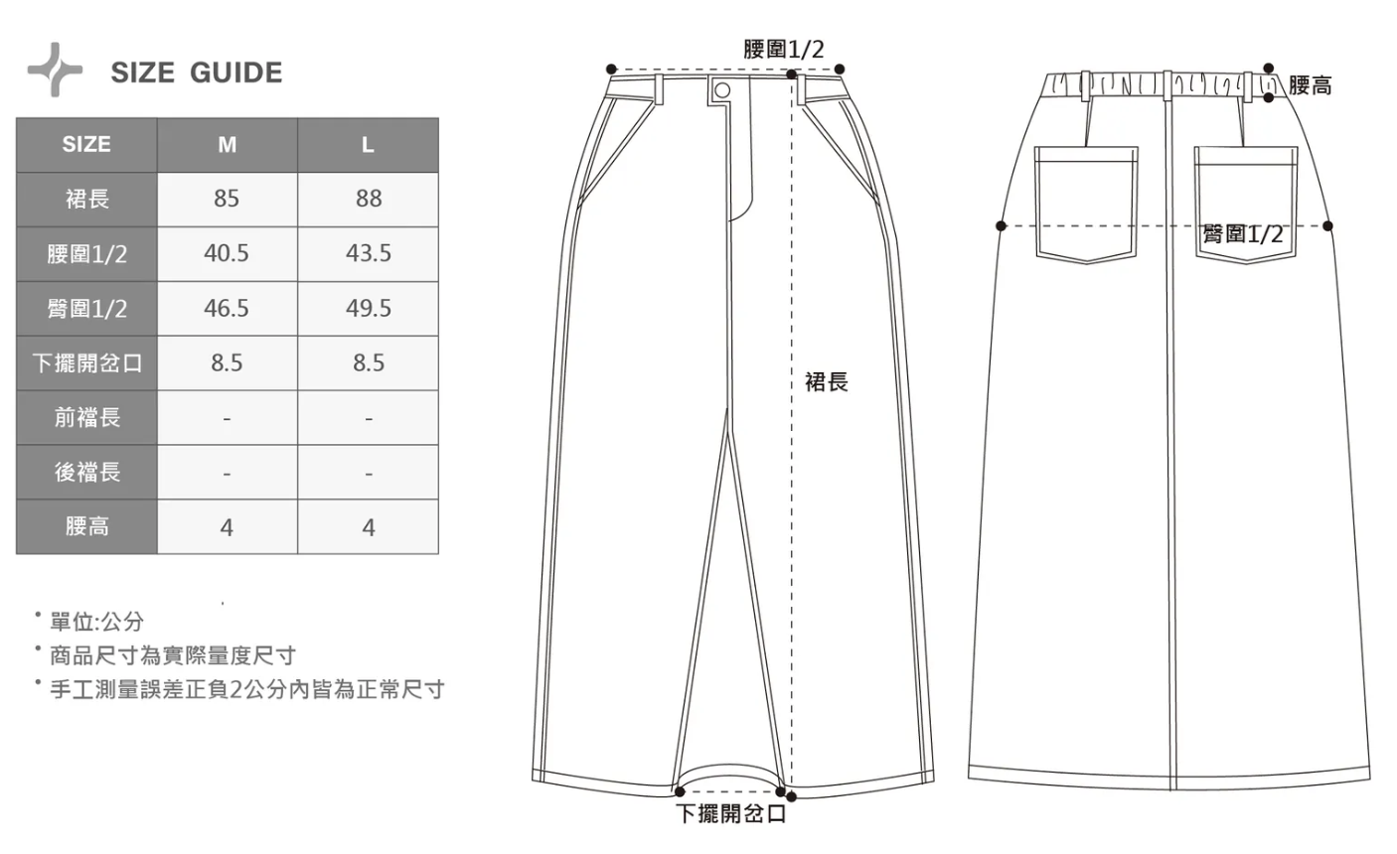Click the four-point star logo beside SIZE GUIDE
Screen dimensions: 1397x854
55,70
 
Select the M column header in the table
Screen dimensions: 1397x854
227,145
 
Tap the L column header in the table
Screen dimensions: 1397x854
368,145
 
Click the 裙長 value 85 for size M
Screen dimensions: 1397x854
227,199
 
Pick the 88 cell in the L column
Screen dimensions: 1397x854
369,199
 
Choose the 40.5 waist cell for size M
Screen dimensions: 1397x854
227,253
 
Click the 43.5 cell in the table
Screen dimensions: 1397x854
369,253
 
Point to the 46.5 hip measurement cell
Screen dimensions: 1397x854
227,308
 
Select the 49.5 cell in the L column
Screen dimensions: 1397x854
369,308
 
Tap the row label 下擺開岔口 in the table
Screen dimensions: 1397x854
87,362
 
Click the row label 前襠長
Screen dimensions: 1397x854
87,417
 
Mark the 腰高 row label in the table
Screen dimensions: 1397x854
87,526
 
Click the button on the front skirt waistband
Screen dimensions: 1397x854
722,90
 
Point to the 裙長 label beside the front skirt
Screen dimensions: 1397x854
827,381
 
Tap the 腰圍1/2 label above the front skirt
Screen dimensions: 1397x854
784,49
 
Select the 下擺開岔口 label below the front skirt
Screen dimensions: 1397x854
731,813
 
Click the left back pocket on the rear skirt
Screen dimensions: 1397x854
1086,205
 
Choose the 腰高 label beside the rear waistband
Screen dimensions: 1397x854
1311,85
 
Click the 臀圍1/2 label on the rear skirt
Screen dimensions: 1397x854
1243,233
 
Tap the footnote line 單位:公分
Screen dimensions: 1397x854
96,622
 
